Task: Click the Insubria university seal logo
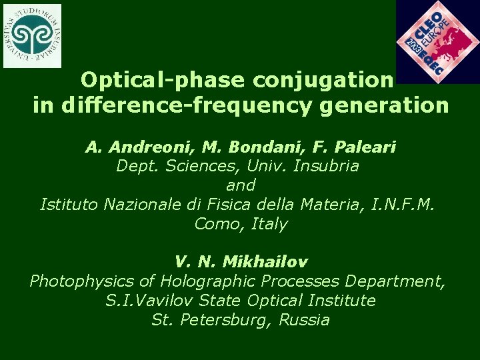[31, 35]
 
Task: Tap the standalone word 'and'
[241, 185]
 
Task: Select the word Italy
[269, 224]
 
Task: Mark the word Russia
[304, 320]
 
